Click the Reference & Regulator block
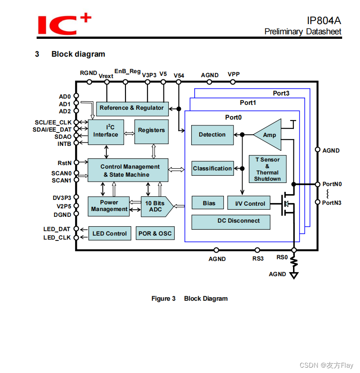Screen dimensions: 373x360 click(x=132, y=108)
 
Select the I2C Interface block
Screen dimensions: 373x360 click(x=106, y=132)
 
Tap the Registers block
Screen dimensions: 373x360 click(x=151, y=132)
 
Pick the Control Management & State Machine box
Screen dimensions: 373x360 click(x=128, y=170)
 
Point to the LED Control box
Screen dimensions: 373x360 click(x=109, y=233)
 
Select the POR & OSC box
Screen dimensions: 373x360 click(x=155, y=233)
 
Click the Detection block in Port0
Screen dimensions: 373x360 click(x=212, y=135)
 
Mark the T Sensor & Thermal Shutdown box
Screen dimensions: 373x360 click(x=268, y=169)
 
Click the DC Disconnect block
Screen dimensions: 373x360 click(x=231, y=221)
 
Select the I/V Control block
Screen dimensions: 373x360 click(x=249, y=203)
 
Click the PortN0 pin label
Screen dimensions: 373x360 click(x=332, y=184)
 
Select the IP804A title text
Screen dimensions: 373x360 click(x=324, y=21)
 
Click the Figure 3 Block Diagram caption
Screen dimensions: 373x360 click(x=189, y=298)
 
